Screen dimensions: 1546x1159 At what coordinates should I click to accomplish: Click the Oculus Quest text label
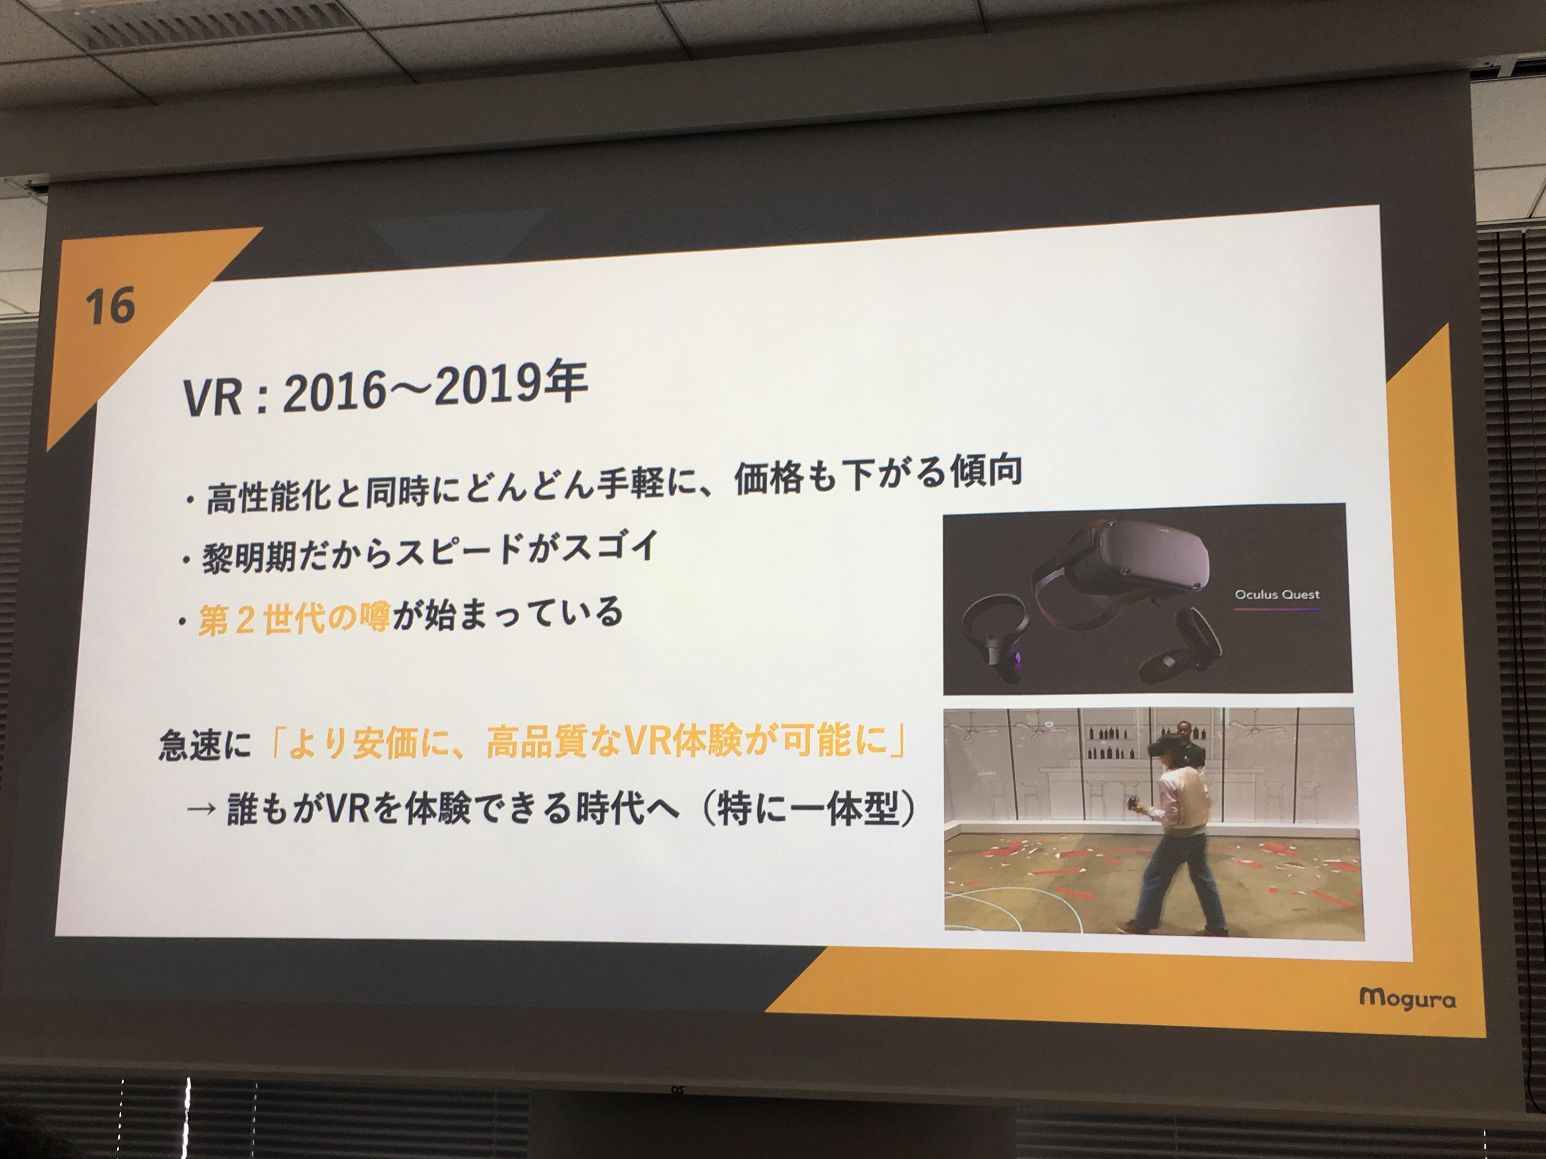(x=1277, y=594)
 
